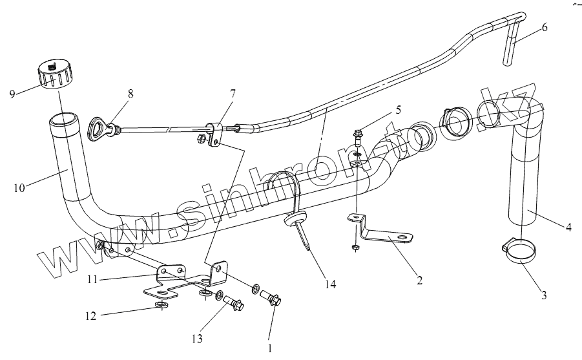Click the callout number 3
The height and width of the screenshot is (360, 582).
tap(544, 295)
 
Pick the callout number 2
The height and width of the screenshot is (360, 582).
tap(419, 280)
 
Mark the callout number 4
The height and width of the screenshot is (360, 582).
tap(568, 227)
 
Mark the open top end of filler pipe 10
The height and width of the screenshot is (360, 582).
tap(63, 120)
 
